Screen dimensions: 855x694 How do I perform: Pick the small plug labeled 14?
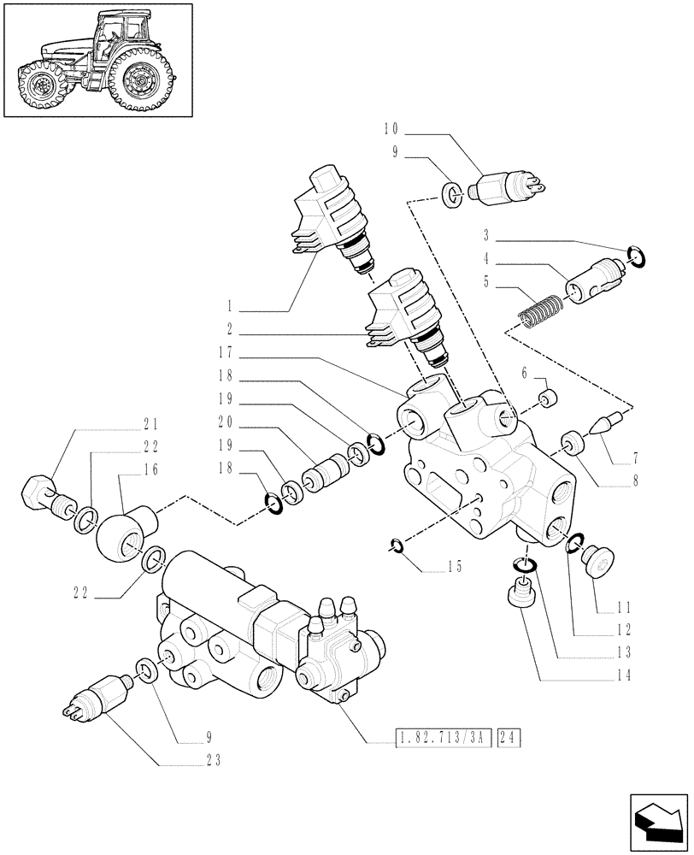pos(520,593)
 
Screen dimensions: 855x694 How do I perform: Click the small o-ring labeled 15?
pos(397,545)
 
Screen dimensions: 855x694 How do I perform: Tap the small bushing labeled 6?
pos(550,398)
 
